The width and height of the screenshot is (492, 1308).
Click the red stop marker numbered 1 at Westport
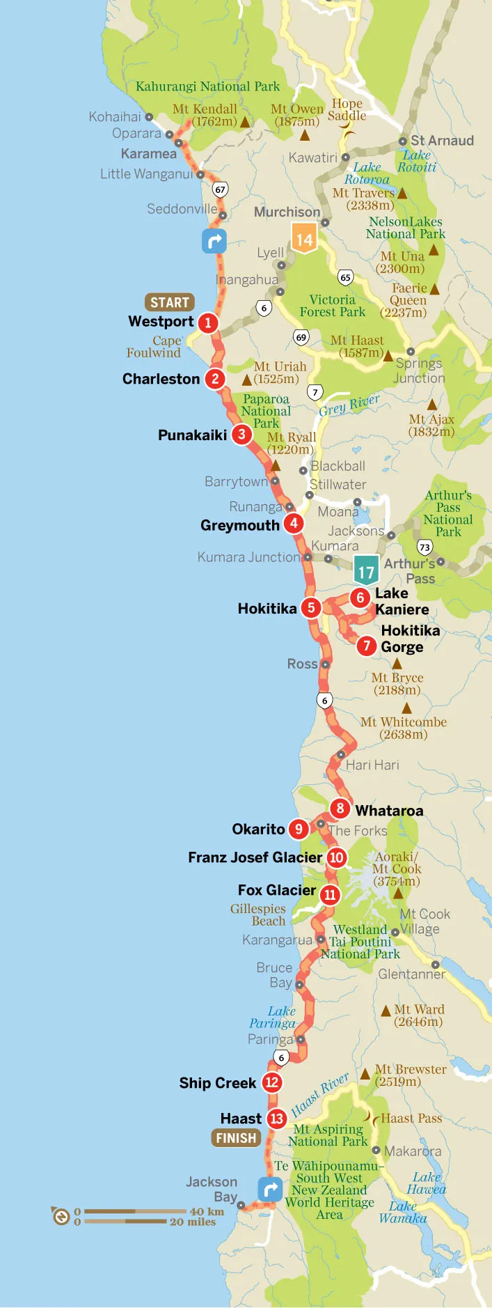pyautogui.click(x=207, y=322)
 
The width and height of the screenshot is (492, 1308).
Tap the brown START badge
pyautogui.click(x=169, y=302)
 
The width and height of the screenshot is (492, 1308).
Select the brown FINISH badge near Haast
pyautogui.click(x=236, y=1137)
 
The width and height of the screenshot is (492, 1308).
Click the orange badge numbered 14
pyautogui.click(x=304, y=239)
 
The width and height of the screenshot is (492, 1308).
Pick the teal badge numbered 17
pyautogui.click(x=366, y=570)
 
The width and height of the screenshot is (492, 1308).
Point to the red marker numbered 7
pyautogui.click(x=366, y=646)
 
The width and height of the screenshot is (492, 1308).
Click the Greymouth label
pyautogui.click(x=239, y=525)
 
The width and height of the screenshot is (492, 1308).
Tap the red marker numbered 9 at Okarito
pyautogui.click(x=299, y=829)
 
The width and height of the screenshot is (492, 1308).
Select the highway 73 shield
pyautogui.click(x=424, y=547)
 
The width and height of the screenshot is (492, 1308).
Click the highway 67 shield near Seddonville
pyautogui.click(x=220, y=189)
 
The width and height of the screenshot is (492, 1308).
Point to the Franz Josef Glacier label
pyautogui.click(x=255, y=857)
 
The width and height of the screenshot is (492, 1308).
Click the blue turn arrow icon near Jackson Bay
pyautogui.click(x=270, y=1189)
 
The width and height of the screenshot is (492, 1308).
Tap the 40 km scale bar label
pyautogui.click(x=207, y=1211)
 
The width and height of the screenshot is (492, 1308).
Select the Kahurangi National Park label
pyautogui.click(x=207, y=86)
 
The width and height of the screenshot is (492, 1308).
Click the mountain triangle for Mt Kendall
pyautogui.click(x=244, y=123)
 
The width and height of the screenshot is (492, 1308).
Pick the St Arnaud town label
pyautogui.click(x=442, y=141)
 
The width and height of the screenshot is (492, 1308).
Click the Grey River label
pyautogui.click(x=349, y=405)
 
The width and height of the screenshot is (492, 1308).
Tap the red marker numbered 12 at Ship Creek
pyautogui.click(x=271, y=1082)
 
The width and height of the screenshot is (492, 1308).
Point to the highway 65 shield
pyautogui.click(x=345, y=277)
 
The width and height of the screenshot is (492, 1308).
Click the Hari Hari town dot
pyautogui.click(x=341, y=754)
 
